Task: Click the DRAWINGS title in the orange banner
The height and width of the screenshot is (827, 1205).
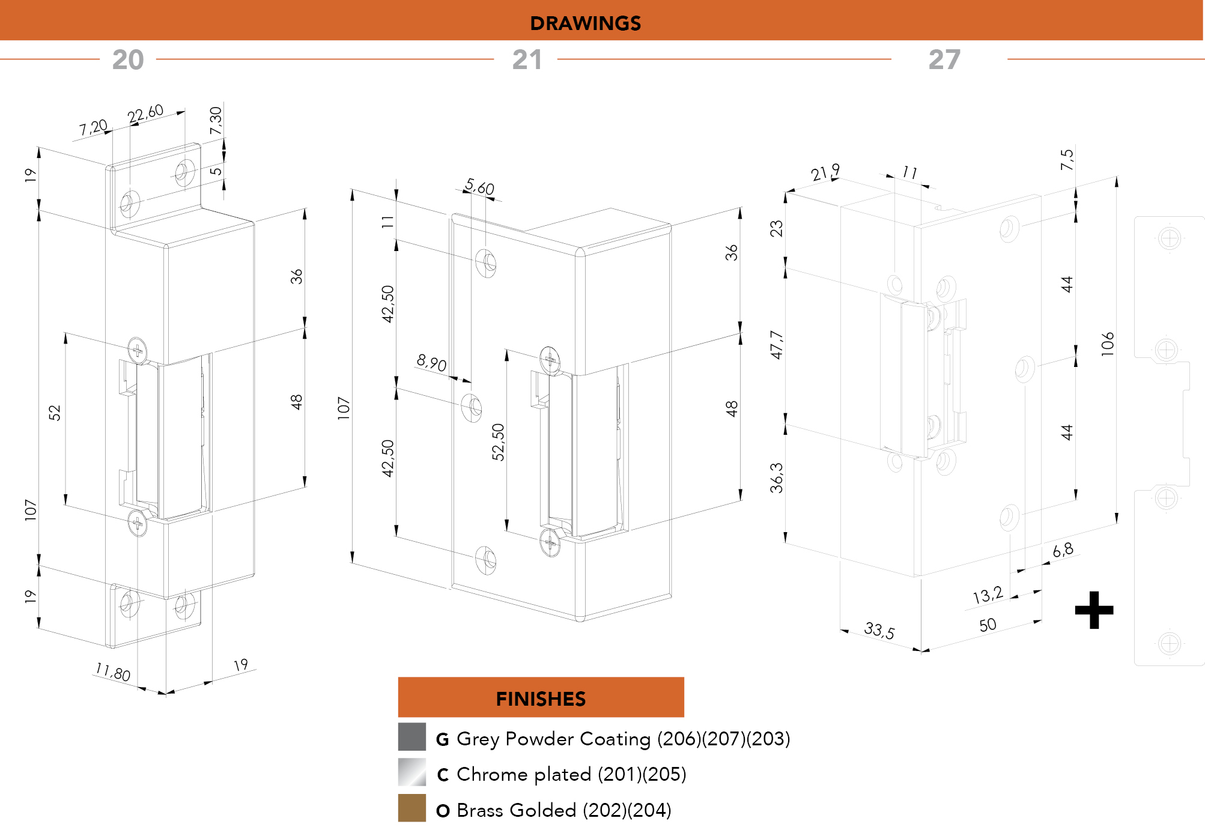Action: coord(585,23)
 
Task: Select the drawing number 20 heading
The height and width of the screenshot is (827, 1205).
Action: coord(128,59)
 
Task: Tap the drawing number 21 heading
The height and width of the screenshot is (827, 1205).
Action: coord(527,59)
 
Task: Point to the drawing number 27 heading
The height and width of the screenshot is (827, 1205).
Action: coord(944,59)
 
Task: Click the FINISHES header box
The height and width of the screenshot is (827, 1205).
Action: coord(541,697)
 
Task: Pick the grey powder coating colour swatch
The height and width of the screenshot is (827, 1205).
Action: coord(412,737)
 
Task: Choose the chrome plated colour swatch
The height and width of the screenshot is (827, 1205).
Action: coord(412,772)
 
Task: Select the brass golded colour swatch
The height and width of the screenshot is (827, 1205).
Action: coord(412,808)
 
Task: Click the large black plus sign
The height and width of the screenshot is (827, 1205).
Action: coord(1094,610)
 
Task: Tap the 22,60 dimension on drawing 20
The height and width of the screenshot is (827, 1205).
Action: coord(145,114)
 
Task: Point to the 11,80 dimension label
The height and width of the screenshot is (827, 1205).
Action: coord(113,671)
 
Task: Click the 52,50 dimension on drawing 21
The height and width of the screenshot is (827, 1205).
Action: coord(498,442)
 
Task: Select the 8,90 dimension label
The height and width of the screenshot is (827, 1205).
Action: coord(431,363)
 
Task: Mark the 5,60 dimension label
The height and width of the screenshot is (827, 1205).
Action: coord(479,187)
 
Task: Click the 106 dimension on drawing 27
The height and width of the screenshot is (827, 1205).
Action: coord(1108,344)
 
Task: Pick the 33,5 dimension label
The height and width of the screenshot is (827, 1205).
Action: coord(879,630)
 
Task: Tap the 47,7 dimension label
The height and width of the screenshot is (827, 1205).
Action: coord(777,345)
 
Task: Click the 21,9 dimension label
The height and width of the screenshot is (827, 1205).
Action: coord(825,173)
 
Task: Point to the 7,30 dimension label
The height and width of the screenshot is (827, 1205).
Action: coord(216,121)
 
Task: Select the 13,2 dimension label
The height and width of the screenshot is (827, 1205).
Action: coord(988,595)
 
